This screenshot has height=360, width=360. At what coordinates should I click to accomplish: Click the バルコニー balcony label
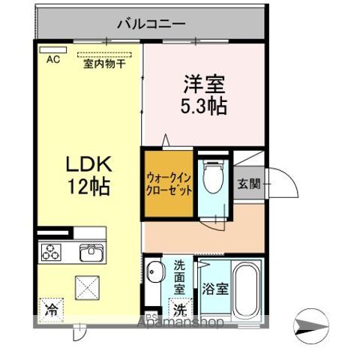(151, 24)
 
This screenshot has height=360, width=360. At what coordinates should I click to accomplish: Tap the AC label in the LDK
(53, 59)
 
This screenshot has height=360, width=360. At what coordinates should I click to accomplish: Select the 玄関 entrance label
(249, 184)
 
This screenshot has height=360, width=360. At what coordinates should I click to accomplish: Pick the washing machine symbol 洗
(181, 308)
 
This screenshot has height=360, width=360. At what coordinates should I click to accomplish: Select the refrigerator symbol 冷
(52, 308)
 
